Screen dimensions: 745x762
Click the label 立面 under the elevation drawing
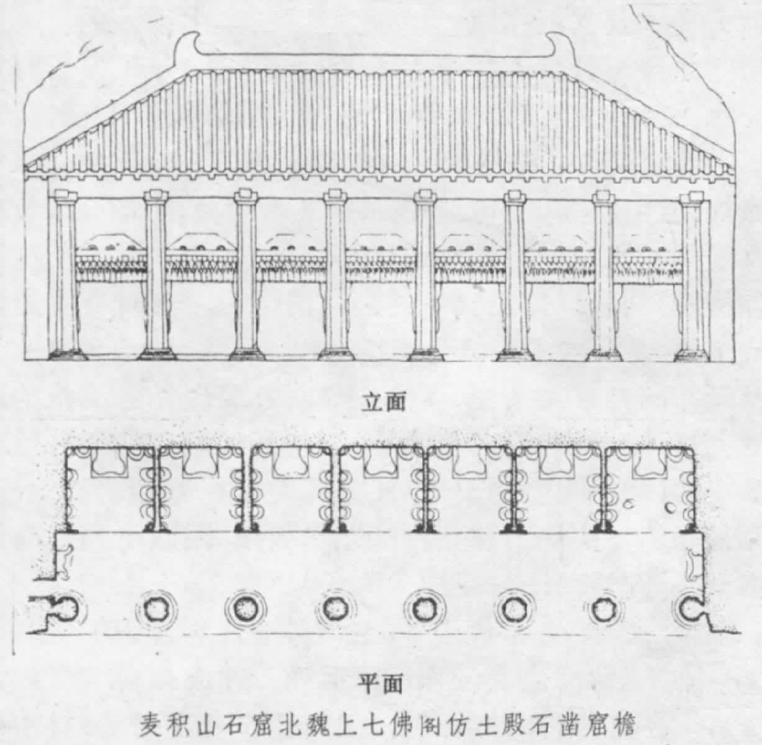pyautogui.click(x=384, y=402)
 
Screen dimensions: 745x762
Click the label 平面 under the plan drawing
pyautogui.click(x=381, y=684)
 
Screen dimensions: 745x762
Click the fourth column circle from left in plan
pyautogui.click(x=335, y=609)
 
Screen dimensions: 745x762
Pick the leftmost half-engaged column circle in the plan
pyautogui.click(x=63, y=609)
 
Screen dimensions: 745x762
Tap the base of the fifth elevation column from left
pyautogui.click(x=425, y=355)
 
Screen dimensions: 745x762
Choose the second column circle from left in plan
pyautogui.click(x=153, y=609)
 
